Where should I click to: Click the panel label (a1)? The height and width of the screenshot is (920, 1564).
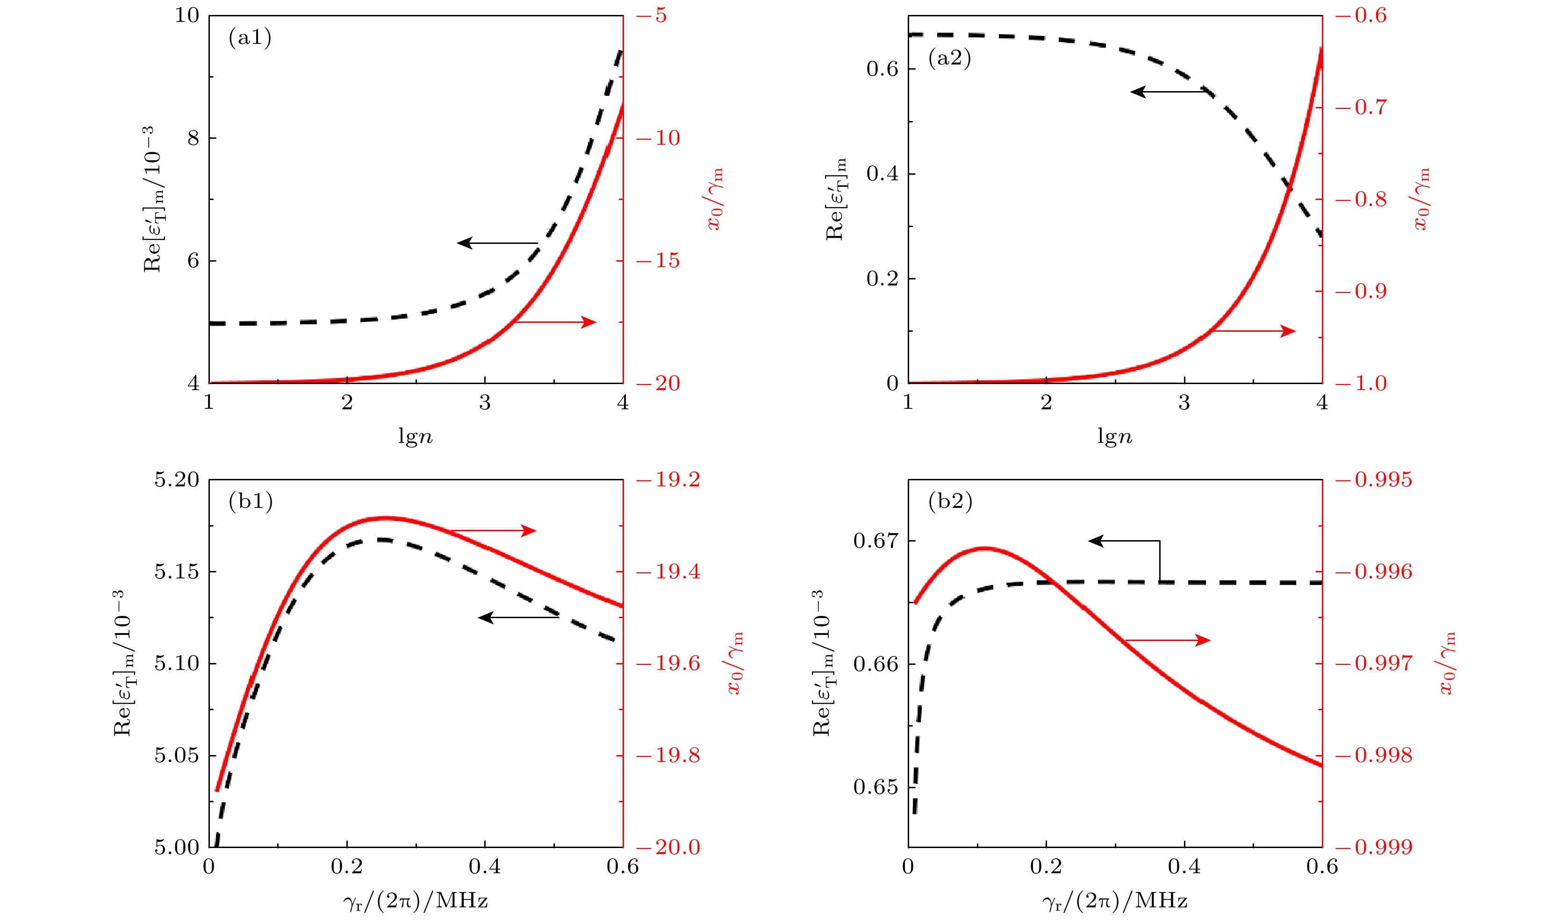[250, 38]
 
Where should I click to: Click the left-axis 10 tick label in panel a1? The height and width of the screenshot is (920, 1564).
[187, 15]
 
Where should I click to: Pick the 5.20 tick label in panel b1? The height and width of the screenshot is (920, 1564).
[177, 479]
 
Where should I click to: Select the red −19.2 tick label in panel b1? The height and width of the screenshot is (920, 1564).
[669, 479]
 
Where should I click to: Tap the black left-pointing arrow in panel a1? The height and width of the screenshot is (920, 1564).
[496, 242]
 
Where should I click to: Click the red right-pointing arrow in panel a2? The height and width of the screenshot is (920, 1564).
[1254, 331]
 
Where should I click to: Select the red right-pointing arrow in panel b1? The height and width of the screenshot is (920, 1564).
[492, 530]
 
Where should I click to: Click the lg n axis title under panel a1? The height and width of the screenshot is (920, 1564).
[415, 437]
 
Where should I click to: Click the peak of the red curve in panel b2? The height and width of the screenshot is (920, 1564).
[984, 549]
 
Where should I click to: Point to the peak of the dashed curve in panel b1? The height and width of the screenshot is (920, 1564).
[382, 540]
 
